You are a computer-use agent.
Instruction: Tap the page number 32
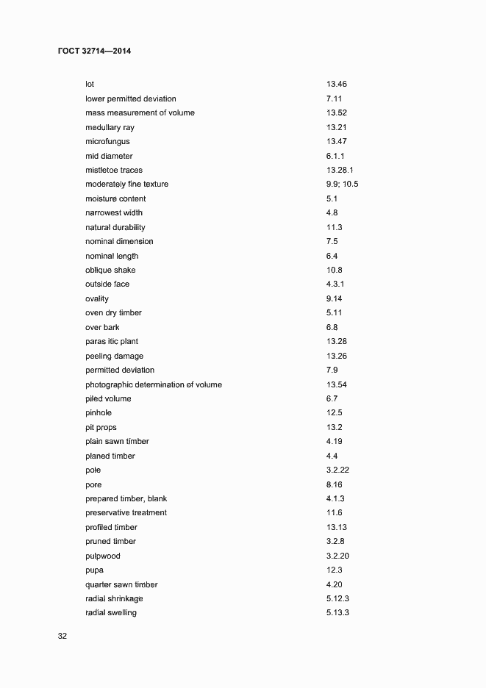(62, 637)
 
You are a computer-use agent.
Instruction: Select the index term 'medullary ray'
(110, 127)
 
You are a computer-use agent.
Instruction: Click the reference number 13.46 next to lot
(337, 85)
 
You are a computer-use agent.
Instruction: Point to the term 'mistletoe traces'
(114, 170)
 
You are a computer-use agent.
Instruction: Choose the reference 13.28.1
(340, 170)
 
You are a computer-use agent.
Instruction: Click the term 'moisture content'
(115, 198)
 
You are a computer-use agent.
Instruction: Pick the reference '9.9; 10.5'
(342, 184)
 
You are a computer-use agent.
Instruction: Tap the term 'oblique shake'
(110, 270)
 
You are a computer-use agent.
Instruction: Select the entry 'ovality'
(97, 298)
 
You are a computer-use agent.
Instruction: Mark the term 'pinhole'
(99, 413)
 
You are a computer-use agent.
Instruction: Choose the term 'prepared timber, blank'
(126, 499)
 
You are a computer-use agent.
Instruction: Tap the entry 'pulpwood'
(103, 556)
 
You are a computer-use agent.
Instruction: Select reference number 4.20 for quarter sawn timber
(335, 584)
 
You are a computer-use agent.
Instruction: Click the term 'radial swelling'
(111, 613)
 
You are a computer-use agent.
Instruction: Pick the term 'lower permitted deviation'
(131, 98)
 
